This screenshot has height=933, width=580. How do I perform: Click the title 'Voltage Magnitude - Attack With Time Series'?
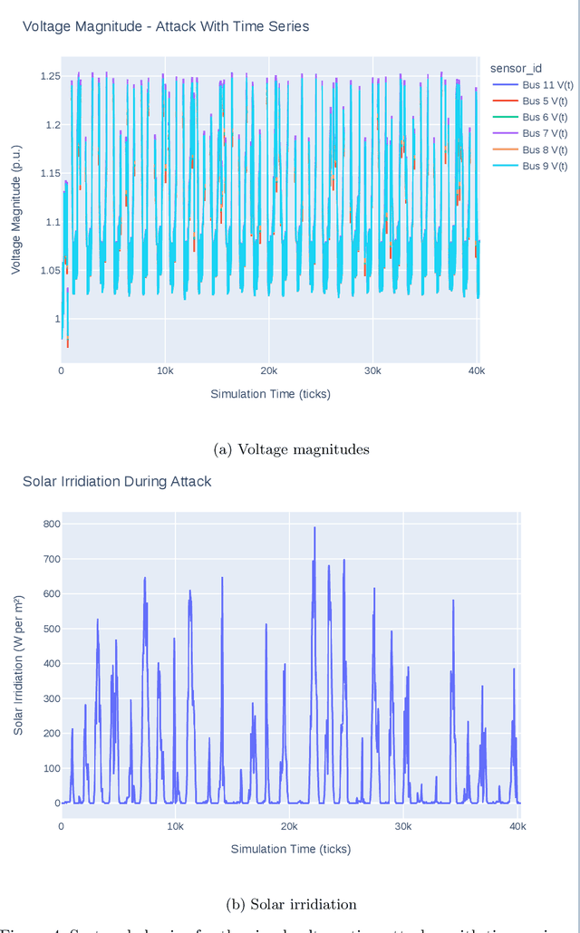pyautogui.click(x=166, y=26)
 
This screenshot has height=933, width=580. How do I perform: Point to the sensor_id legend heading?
pyautogui.click(x=516, y=68)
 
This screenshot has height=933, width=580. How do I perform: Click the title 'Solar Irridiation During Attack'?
pyautogui.click(x=117, y=481)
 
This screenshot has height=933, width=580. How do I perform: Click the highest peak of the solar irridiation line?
pyautogui.click(x=314, y=528)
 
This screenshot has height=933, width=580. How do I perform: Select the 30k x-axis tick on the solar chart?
pyautogui.click(x=403, y=827)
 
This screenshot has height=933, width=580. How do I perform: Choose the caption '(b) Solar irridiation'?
pyautogui.click(x=290, y=904)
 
